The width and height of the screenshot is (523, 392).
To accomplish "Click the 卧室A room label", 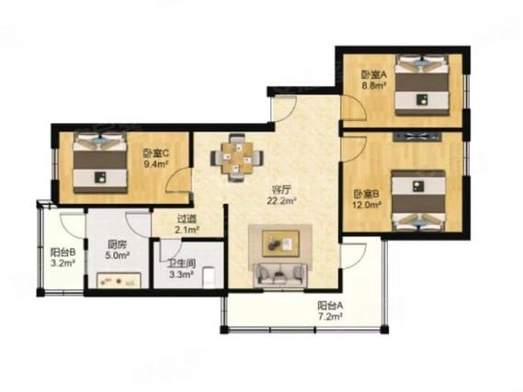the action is coord(373,75).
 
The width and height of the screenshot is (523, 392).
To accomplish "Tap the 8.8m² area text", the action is coord(374,85).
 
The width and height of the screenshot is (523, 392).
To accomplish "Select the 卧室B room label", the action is coord(367,194).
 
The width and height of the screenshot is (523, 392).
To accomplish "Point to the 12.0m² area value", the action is coord(367,205).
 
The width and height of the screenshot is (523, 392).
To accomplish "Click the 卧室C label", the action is coord(156,153).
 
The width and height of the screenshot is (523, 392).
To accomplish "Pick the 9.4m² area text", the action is coord(155,164).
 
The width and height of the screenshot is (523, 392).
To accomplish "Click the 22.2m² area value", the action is coord(282,201).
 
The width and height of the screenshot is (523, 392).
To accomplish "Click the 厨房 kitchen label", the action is coord(117,245).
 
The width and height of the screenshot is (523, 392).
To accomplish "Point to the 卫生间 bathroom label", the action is coord(181,264).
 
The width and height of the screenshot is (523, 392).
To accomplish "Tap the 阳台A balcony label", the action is coord(330,305).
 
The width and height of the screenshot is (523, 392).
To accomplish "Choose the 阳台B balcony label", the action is coord(63,252).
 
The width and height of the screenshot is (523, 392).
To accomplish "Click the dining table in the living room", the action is coord(237,158).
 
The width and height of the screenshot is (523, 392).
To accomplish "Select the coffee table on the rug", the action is coord(280,243).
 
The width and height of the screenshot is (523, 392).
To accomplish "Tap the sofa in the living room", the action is coord(280,275).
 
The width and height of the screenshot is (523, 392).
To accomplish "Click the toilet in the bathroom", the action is coord(210,276).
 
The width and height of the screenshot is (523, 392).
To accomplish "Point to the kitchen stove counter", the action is coord(119,280).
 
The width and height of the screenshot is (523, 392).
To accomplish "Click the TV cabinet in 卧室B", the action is coord(417,137).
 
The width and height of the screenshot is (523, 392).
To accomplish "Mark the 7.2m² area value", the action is coord(330,317).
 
